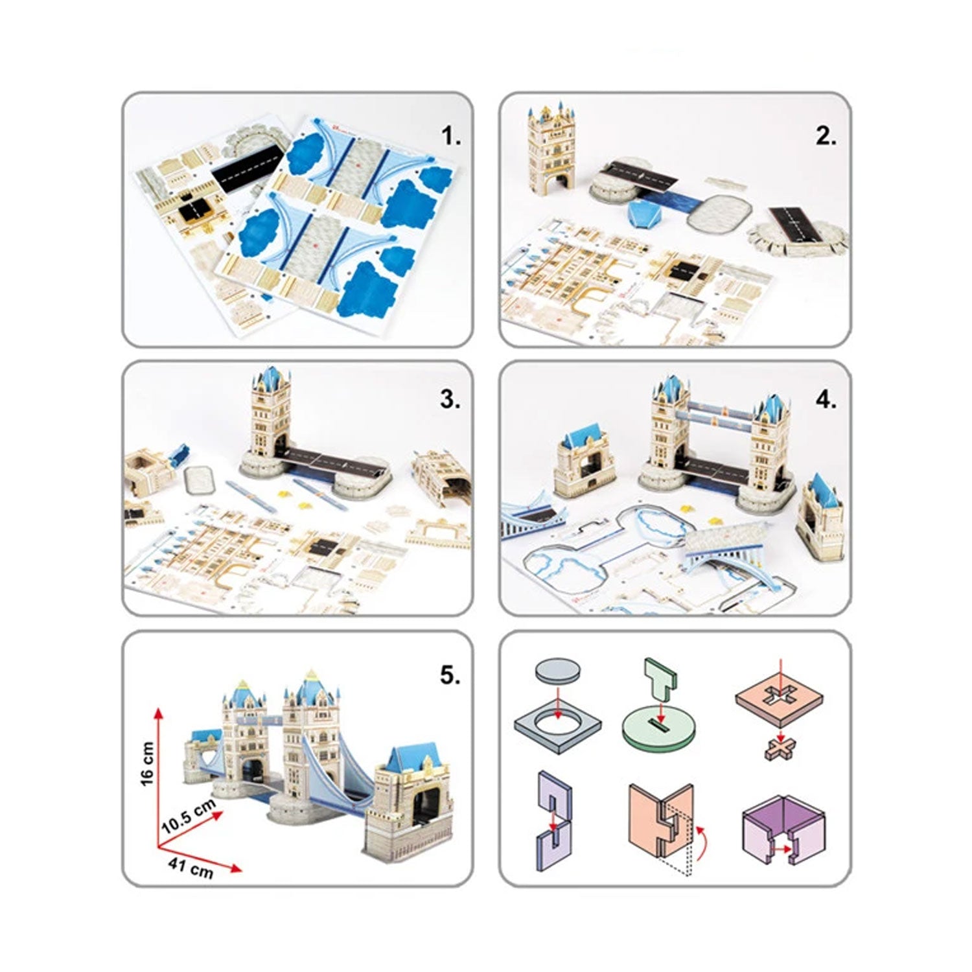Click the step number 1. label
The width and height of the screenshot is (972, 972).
pos(450,137)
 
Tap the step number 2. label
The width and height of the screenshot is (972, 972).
pos(826,137)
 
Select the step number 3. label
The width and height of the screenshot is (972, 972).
pos(450,399)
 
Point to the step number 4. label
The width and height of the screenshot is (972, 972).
pos(826,400)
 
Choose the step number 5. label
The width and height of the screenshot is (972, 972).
pos(450,675)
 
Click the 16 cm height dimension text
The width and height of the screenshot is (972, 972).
pos(147,763)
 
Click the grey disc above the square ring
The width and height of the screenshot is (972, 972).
pos(557,669)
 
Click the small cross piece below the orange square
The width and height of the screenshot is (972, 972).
pos(780,749)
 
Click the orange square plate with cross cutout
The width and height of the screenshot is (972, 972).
pos(780,699)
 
